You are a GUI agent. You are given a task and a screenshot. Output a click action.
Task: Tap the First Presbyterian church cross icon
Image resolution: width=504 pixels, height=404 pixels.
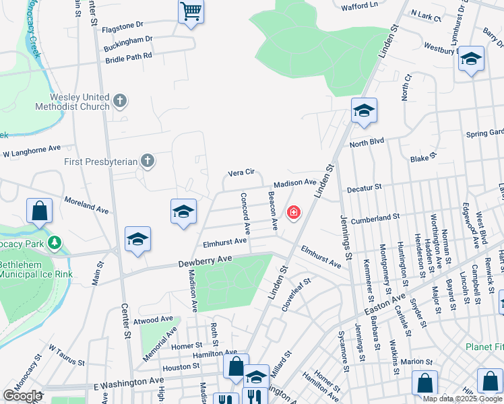(147, 161)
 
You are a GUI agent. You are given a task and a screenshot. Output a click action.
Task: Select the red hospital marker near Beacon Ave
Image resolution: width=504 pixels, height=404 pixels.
(293, 213)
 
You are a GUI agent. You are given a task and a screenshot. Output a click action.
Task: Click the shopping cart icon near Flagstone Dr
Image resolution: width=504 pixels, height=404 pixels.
(191, 11)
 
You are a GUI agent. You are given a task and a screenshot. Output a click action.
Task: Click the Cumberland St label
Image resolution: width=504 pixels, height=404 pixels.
(375, 217)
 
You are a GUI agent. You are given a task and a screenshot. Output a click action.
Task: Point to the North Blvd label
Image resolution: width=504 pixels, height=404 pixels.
(366, 143)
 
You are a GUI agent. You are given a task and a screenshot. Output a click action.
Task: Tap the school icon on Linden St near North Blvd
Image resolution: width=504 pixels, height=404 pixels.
(363, 111)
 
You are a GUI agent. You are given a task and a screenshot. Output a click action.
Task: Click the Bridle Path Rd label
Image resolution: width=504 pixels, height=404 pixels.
(129, 59)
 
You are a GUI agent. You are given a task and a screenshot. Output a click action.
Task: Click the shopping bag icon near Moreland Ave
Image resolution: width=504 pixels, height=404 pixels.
(40, 211)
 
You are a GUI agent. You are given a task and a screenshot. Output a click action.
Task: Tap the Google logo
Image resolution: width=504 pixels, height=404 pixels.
(22, 396)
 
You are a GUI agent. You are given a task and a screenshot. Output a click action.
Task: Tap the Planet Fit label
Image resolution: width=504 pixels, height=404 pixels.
(484, 347)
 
